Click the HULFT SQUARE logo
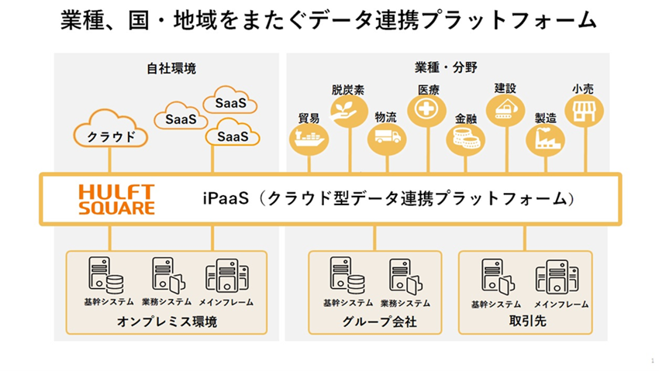coord(116,200)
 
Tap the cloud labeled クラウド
coord(111,129)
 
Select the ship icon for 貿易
coord(309,139)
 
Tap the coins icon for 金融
coord(465,139)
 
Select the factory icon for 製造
coord(545,139)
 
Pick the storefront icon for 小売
coord(585,111)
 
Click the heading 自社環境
coord(171,68)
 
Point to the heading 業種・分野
coord(446,67)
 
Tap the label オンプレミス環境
coord(167,321)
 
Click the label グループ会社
coord(380,322)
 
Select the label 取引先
coord(527,321)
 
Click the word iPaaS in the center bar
coord(226,198)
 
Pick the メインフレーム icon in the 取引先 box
coord(557,277)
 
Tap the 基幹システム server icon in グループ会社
coord(347,275)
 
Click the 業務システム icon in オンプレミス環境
coord(168,275)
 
